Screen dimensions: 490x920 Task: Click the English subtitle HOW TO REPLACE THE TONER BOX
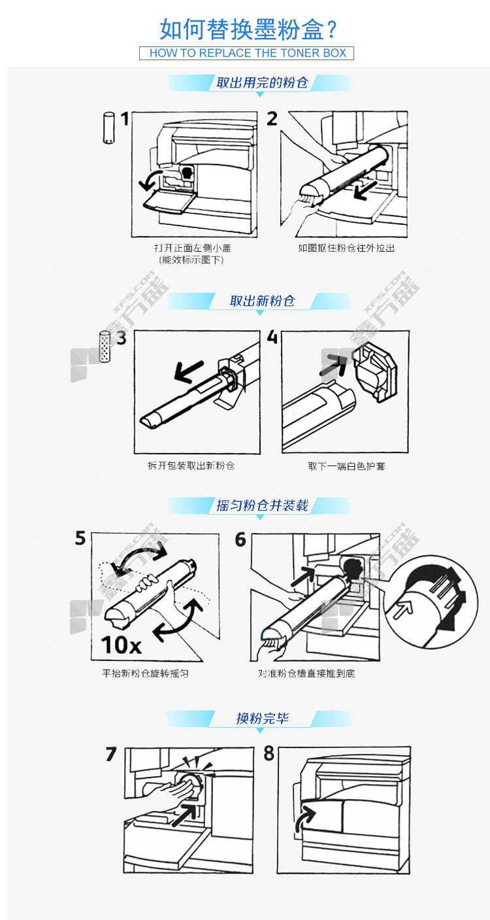pyautogui.click(x=248, y=53)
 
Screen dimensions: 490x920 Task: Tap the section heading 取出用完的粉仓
pyautogui.click(x=262, y=82)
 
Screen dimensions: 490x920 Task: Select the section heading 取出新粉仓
pyautogui.click(x=262, y=301)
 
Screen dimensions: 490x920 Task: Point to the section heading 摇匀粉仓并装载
pyautogui.click(x=262, y=505)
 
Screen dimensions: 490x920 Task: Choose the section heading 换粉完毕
pyautogui.click(x=262, y=718)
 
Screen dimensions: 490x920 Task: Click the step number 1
pyautogui.click(x=125, y=119)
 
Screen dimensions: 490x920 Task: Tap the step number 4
pyautogui.click(x=272, y=337)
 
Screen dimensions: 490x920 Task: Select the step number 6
pyautogui.click(x=240, y=539)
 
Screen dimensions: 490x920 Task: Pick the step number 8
pyautogui.click(x=269, y=753)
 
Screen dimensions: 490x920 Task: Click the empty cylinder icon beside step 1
pyautogui.click(x=108, y=128)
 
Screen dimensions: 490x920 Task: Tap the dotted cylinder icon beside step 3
pyautogui.click(x=105, y=347)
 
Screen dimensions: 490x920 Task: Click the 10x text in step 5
pyautogui.click(x=121, y=645)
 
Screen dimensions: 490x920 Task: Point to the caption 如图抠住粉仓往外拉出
pyautogui.click(x=346, y=248)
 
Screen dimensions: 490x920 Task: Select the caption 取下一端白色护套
pyautogui.click(x=346, y=466)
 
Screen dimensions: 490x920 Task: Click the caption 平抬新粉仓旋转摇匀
pyautogui.click(x=145, y=673)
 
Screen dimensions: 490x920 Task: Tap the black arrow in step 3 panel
pyautogui.click(x=189, y=371)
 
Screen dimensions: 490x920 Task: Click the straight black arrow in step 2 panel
pyautogui.click(x=365, y=190)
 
